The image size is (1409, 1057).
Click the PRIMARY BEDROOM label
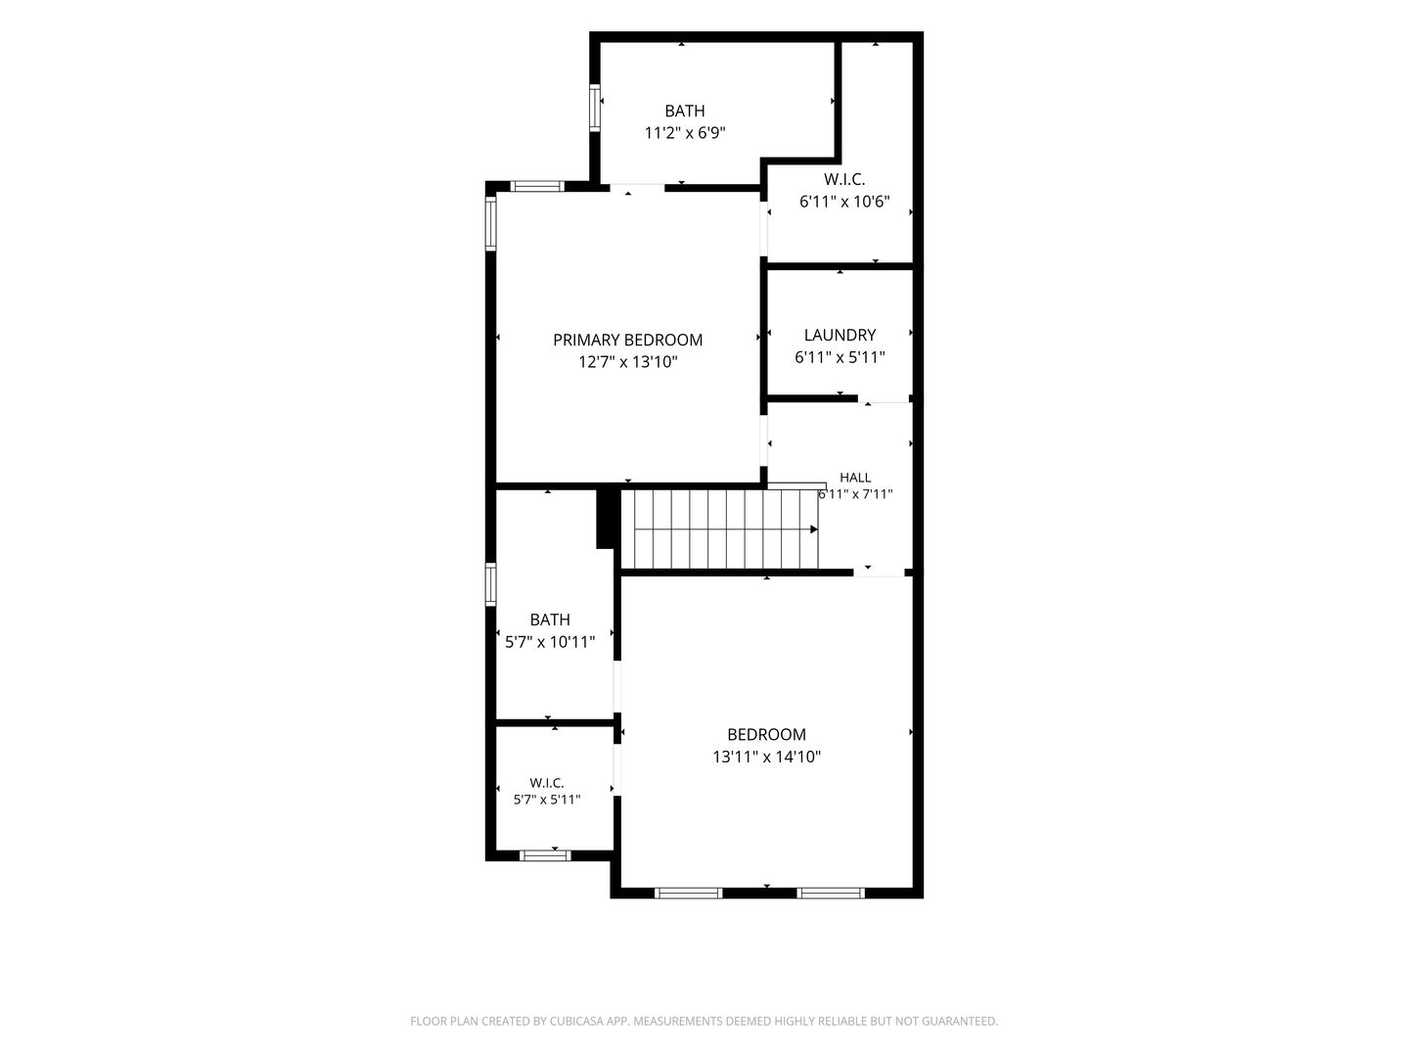(627, 340)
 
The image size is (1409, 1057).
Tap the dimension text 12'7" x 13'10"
(627, 362)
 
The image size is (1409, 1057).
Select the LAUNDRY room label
(840, 335)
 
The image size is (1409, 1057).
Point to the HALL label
(855, 478)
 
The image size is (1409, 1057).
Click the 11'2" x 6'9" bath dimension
(685, 133)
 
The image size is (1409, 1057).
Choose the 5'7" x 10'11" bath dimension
(550, 642)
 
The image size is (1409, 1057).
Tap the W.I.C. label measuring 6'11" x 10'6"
(844, 180)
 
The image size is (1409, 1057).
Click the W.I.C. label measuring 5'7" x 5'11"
(547, 783)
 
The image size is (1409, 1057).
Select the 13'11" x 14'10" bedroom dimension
(766, 757)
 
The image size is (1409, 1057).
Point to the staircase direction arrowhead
(814, 529)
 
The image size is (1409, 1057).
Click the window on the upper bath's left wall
(595, 108)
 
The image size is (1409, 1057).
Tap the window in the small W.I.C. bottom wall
(545, 855)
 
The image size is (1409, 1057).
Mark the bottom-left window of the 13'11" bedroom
(688, 893)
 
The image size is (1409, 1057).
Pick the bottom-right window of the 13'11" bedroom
(831, 893)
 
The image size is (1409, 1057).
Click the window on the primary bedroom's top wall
(537, 187)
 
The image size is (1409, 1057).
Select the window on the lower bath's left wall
(491, 584)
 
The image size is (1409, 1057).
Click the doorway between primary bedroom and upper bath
(637, 187)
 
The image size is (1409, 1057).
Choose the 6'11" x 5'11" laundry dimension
(840, 357)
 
